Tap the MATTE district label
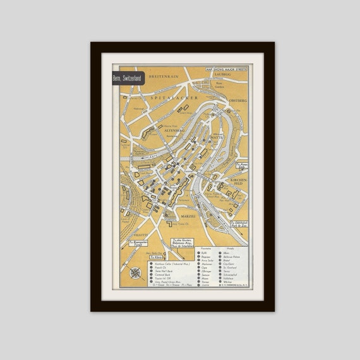(x=217, y=136)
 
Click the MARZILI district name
(x=187, y=215)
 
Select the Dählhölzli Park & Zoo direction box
(x=239, y=224)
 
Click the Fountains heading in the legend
(x=206, y=248)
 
